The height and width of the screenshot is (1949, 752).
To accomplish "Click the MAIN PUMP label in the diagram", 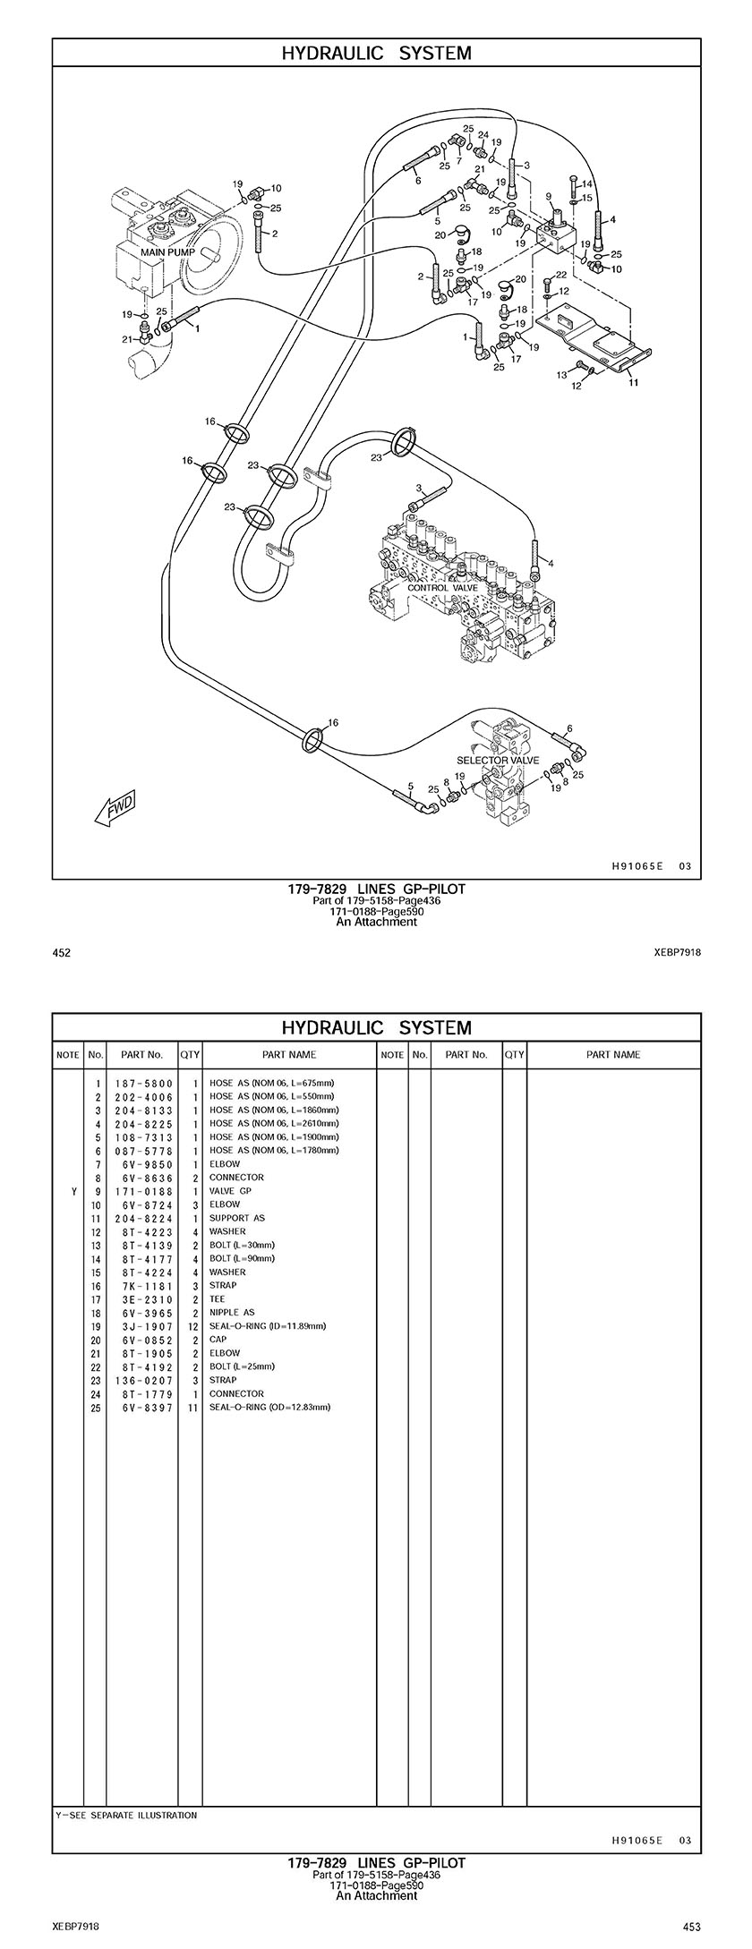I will [167, 252].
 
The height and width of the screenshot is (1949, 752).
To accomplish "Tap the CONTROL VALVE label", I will [442, 588].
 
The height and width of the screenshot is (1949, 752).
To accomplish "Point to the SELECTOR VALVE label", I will [498, 760].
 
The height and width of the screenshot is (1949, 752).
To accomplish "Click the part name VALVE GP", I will [230, 1191].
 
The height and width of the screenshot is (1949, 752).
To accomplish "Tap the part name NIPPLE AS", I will [232, 1313].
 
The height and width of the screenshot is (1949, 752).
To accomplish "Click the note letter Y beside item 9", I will [68, 1191].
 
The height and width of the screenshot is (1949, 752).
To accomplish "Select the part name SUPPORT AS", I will [237, 1218].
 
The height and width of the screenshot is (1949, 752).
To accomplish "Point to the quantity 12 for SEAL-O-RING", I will [190, 1326].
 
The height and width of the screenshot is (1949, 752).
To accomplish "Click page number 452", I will [62, 953].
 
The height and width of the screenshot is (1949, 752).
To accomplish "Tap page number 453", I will [691, 1927].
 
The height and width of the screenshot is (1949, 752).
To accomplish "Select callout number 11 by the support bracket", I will [633, 382].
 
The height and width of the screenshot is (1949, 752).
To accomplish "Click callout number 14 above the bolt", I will [587, 184].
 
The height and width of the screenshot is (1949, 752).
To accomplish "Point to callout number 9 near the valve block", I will [549, 196].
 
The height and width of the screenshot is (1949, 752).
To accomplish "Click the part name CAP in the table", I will [218, 1340].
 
